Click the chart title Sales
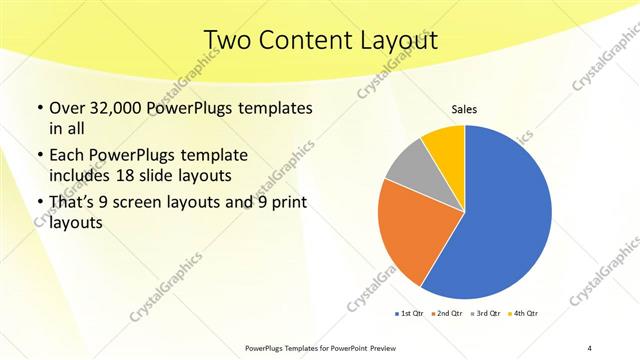(464, 111)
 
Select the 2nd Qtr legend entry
(448, 314)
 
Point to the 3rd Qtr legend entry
(486, 314)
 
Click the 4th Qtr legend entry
(522, 314)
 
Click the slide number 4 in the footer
(590, 347)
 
